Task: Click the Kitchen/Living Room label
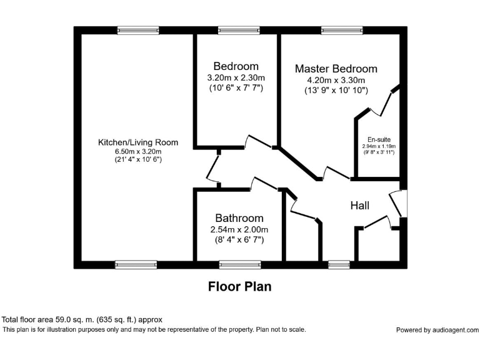137,142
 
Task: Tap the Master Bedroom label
336,69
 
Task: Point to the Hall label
359,206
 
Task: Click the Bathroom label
239,218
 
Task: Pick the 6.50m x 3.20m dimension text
137,151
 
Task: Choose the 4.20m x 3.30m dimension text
336,80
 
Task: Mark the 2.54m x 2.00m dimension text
239,229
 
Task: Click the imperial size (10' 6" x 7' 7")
236,88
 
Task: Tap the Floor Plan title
239,287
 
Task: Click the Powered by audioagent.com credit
437,330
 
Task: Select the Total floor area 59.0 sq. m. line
82,319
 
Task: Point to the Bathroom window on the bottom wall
239,264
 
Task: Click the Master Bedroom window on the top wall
341,30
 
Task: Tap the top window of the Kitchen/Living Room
137,30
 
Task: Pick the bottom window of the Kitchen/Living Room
136,264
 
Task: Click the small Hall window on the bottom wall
339,264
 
